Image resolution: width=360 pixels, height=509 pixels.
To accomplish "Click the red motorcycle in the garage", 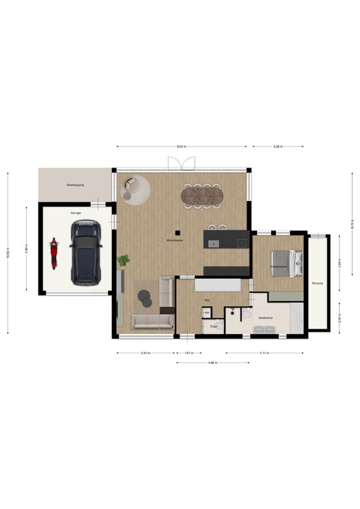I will click(54, 254).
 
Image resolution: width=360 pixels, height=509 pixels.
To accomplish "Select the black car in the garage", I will click(85, 252).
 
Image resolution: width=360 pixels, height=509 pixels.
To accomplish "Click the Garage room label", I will click(76, 213).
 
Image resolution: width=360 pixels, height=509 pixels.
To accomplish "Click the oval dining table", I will click(203, 196).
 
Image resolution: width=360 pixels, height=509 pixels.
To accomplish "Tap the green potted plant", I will click(123, 260).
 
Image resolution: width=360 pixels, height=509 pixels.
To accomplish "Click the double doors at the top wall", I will click(181, 163).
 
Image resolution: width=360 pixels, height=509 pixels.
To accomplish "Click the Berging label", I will click(317, 283).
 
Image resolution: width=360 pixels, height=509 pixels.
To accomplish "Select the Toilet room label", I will click(213, 326).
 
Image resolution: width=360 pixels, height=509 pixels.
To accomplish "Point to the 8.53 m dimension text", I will click(181, 146).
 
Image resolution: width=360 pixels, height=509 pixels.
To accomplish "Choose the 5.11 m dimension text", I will click(265, 353).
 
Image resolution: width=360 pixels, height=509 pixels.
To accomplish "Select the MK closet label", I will click(207, 313).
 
